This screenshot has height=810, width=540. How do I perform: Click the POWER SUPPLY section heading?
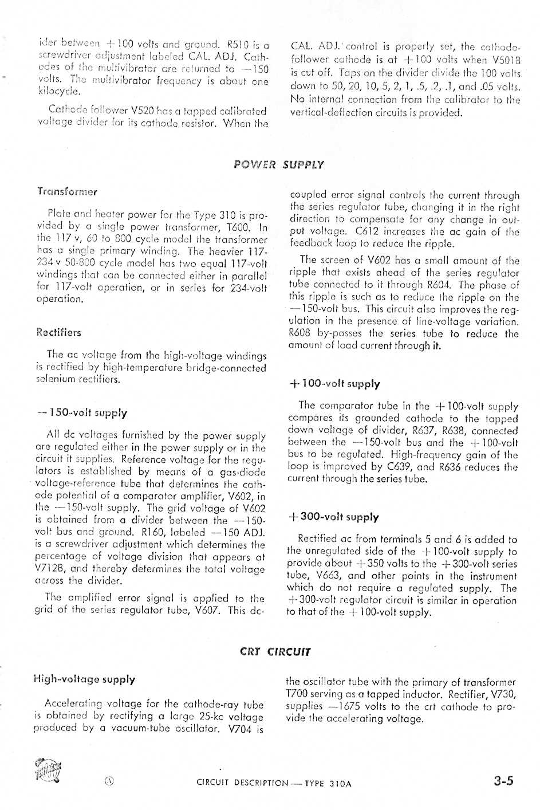(279, 165)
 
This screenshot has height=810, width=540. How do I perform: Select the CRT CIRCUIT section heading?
(275, 652)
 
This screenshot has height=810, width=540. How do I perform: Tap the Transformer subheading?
(67, 191)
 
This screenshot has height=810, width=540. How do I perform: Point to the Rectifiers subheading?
(58, 332)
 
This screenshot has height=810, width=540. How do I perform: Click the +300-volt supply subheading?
(333, 517)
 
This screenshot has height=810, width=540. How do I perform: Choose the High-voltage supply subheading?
(84, 679)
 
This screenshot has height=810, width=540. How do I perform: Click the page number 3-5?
(503, 781)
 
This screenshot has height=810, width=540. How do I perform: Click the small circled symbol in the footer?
(109, 781)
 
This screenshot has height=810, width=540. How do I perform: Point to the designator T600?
(239, 227)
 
